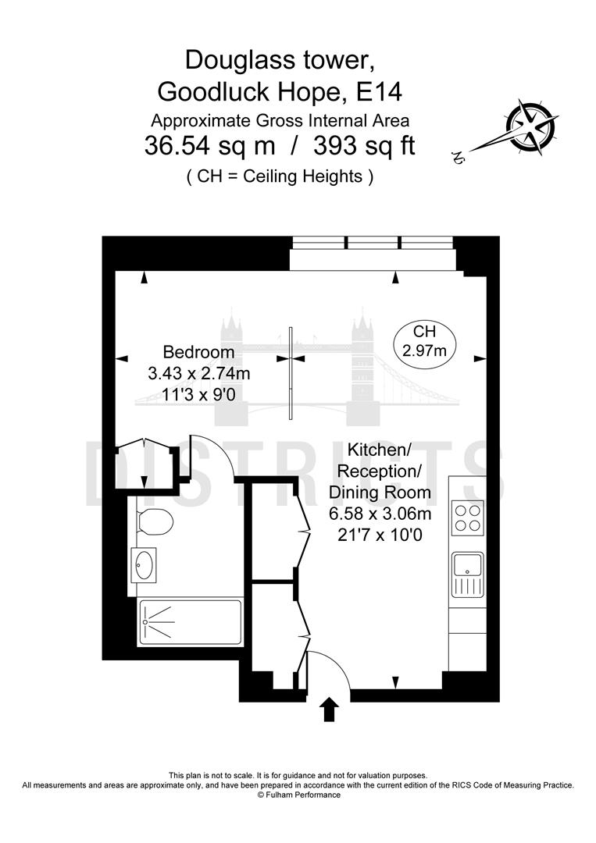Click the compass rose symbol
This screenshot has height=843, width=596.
click(530, 126)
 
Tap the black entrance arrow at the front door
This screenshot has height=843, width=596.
click(330, 710)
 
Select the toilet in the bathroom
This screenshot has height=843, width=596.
click(153, 521)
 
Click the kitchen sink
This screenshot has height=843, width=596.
click(467, 573)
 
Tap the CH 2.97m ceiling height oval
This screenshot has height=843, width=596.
click(425, 342)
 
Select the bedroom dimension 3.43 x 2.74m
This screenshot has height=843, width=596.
click(198, 374)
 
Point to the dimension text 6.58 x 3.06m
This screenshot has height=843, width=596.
click(380, 514)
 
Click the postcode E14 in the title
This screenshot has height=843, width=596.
click(378, 92)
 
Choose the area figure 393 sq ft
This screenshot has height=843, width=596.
click(363, 147)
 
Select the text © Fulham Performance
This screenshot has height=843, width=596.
click(298, 795)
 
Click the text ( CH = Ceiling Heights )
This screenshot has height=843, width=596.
click(280, 176)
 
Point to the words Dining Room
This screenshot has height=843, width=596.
click(380, 493)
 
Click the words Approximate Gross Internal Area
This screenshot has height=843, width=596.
click(280, 120)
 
